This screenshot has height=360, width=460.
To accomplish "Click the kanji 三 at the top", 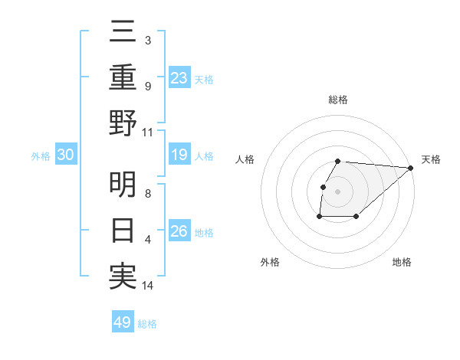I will pos(123,32).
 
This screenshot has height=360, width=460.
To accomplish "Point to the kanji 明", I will pos(123,185).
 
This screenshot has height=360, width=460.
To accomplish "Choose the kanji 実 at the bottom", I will pos(123,276).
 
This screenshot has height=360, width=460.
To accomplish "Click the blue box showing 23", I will pos(179,77).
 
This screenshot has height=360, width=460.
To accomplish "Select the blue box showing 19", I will pos(179,155).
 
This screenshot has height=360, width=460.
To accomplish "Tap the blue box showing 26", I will pos(179,231).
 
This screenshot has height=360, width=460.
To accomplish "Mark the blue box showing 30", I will pos(65,155).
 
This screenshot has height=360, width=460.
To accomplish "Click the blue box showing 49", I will pos(123,322).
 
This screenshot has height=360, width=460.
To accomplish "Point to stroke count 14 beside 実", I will pos(148,286).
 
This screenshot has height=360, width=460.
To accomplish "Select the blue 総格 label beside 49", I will pos(147,324).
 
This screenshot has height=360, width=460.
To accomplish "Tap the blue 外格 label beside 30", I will pos(41,156).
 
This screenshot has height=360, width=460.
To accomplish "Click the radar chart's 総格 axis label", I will pos(338,100).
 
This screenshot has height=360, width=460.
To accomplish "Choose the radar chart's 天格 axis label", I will pos(431,159).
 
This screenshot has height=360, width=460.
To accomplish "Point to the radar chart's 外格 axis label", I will pos(270,262).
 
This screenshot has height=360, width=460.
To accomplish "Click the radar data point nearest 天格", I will pos(411,168).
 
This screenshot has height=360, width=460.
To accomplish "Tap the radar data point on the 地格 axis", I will pos(356,217).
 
